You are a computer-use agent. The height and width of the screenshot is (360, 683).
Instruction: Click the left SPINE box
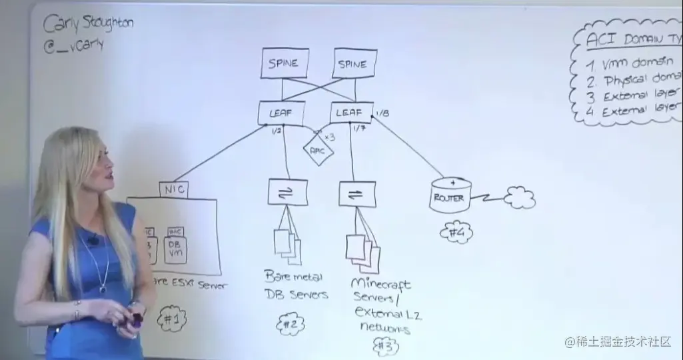(283, 64)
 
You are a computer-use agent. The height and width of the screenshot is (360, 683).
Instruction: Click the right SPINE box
(352, 64)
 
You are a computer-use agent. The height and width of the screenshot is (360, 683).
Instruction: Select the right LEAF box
(349, 113)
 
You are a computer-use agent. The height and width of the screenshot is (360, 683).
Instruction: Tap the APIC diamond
(319, 150)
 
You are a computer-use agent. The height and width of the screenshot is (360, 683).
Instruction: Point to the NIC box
(173, 190)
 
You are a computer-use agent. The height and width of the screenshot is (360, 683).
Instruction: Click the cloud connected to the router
(520, 197)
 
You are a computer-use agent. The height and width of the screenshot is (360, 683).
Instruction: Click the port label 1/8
(382, 113)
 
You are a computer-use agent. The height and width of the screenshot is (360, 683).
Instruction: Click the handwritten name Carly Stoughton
(88, 25)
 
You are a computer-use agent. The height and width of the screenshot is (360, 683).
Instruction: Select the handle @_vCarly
(74, 45)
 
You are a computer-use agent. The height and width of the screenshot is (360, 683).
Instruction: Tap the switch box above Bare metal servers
(289, 192)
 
